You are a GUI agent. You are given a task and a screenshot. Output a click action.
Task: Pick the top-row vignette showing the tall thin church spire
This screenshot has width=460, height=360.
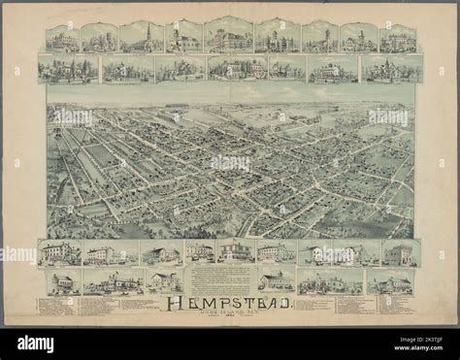[142, 37]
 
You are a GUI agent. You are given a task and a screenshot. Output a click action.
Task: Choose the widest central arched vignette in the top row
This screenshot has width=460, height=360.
[229, 35]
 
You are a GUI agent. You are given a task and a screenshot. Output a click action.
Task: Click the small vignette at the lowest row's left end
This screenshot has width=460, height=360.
[61, 282]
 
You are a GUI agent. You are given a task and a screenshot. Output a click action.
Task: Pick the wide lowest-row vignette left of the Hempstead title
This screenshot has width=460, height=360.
[113, 282]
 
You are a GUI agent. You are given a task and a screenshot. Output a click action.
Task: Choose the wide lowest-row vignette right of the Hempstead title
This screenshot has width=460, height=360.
[329, 282]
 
